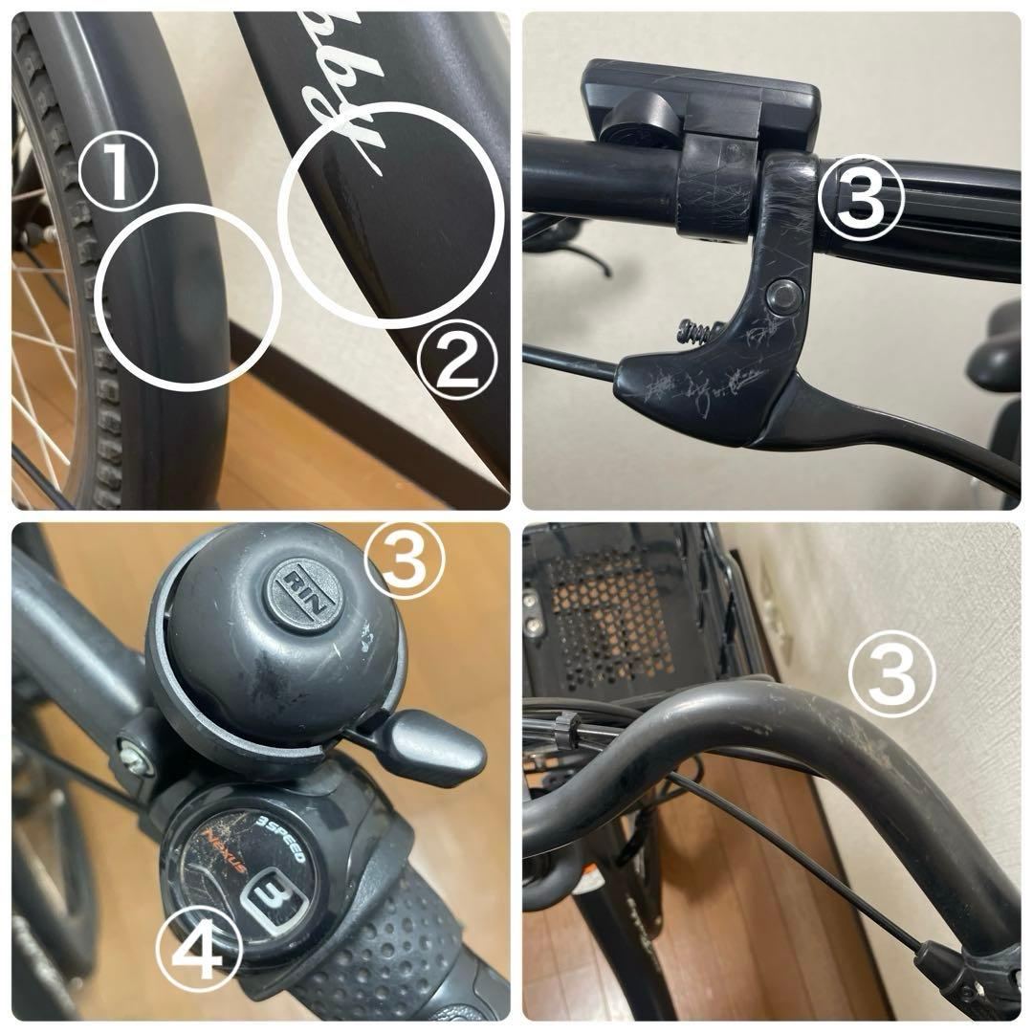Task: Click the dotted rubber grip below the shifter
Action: [x=383, y=947]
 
